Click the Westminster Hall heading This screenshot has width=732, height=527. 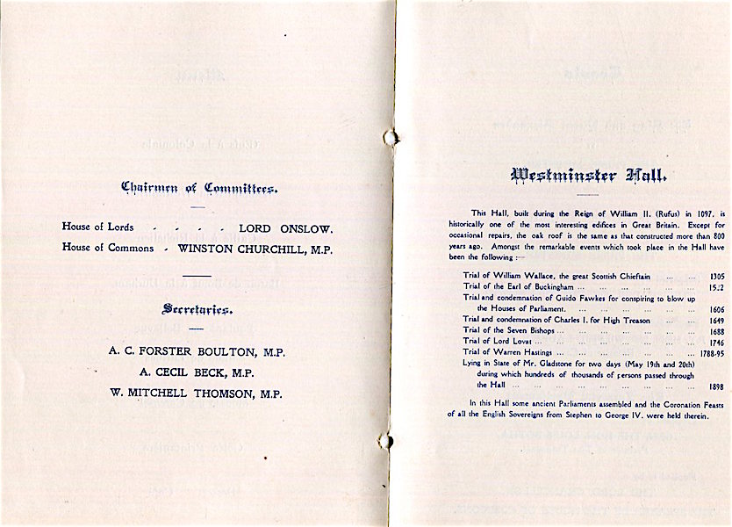click(589, 176)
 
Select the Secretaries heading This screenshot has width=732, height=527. click(197, 309)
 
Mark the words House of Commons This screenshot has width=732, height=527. click(108, 248)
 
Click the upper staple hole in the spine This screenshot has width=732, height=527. click(391, 136)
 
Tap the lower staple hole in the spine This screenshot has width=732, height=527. click(385, 439)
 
